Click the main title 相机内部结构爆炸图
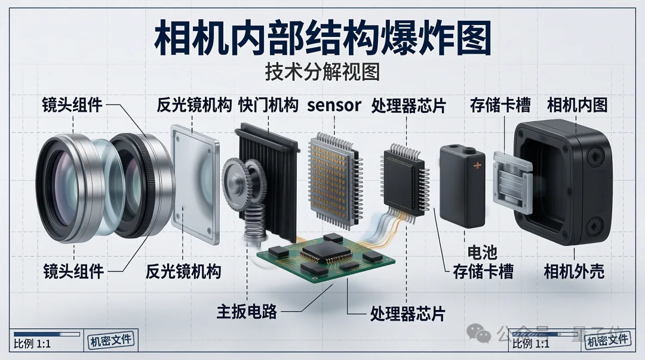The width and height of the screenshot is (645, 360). [322, 39]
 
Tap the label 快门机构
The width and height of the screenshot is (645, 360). [268, 106]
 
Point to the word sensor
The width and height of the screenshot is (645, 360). [334, 106]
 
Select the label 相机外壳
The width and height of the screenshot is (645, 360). [574, 272]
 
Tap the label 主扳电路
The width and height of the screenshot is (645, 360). [246, 310]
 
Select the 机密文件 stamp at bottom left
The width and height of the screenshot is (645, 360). [112, 341]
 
